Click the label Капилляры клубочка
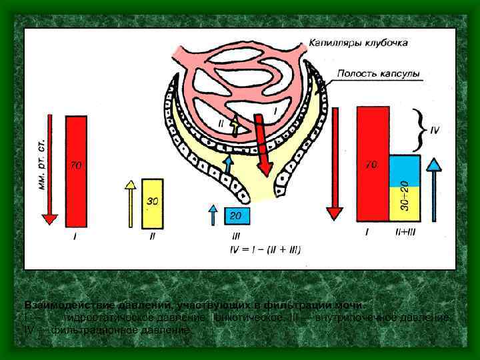(x=358, y=43)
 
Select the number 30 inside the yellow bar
(x=152, y=201)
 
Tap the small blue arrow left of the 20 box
(x=213, y=215)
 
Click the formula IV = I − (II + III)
(x=265, y=250)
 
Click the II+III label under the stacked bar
(x=405, y=233)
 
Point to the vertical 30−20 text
(x=404, y=193)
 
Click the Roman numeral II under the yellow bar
(x=152, y=235)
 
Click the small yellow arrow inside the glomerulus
(x=234, y=125)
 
